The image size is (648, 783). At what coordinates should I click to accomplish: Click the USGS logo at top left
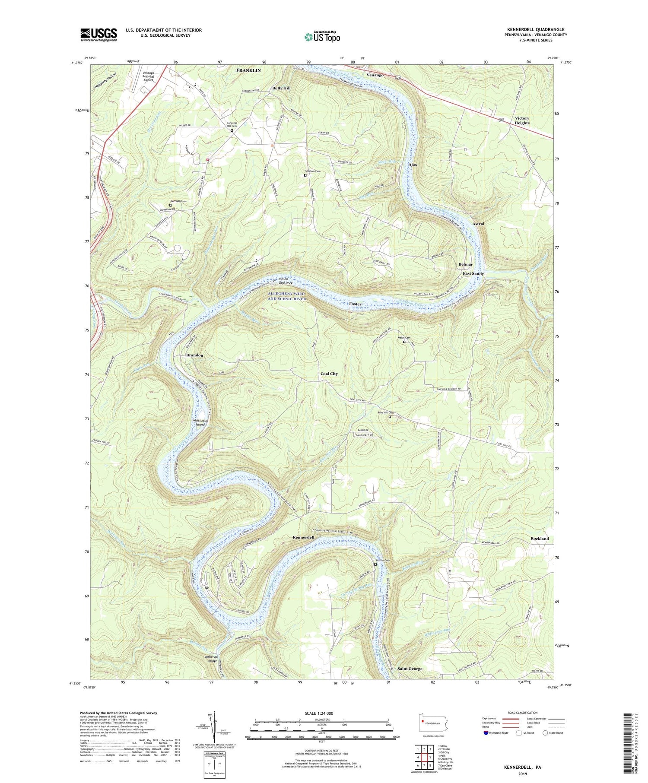(98, 35)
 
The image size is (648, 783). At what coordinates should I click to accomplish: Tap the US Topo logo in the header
(322, 37)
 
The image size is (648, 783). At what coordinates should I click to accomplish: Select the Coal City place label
(329, 374)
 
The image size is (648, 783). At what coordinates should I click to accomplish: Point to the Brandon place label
(194, 355)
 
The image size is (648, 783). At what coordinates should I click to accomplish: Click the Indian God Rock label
(286, 281)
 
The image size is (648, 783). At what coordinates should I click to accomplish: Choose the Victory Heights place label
(522, 120)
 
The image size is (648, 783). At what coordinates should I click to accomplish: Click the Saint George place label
(410, 669)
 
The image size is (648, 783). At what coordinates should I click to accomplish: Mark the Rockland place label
(540, 539)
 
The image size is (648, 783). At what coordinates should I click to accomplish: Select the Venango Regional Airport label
(148, 76)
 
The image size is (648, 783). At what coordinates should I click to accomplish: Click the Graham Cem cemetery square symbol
(305, 175)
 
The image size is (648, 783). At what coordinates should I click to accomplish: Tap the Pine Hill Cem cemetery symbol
(389, 417)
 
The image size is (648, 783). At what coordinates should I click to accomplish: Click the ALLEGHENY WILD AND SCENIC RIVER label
(286, 296)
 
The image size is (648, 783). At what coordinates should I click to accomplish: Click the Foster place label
(355, 304)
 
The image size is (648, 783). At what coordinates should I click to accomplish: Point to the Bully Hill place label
(281, 88)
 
